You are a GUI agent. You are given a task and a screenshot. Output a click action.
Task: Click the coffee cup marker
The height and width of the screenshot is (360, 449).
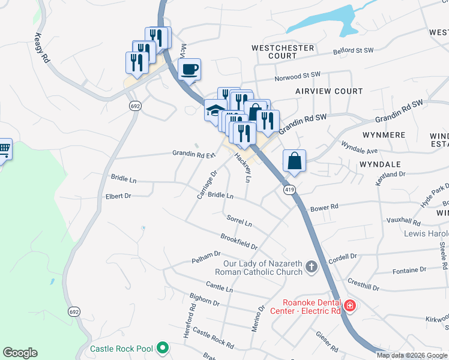pos(190,70)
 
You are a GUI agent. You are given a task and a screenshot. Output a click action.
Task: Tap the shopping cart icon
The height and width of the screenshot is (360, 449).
pos(4,148)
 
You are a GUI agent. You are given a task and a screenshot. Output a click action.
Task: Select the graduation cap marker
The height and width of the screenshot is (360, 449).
pos(214,110)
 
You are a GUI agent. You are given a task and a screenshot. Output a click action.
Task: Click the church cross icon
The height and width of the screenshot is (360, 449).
pos(311,266)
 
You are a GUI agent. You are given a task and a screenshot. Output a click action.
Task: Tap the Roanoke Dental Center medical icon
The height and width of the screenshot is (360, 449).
pos(350,307)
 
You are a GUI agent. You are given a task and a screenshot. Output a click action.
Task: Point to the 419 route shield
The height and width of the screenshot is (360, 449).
pos(290,190)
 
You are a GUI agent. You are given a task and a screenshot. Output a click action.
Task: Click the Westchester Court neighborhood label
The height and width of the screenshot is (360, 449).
pos(283,52)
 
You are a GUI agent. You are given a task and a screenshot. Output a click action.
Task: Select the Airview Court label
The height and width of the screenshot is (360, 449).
pos(329,91)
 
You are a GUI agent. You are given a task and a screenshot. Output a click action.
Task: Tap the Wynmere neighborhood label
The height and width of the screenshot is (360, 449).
pos(384,135)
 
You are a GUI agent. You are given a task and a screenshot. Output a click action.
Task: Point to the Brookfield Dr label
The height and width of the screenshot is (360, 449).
pos(239,242)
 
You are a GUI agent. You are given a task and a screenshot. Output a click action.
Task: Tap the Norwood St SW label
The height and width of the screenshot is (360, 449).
pos(298,76)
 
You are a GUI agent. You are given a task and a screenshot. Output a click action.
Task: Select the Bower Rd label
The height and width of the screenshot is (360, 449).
pos(324,207)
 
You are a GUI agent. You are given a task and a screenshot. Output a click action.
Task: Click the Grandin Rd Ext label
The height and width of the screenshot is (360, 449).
pos(193,154)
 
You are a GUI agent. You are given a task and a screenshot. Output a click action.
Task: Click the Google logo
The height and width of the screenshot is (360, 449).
pos(20,353)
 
